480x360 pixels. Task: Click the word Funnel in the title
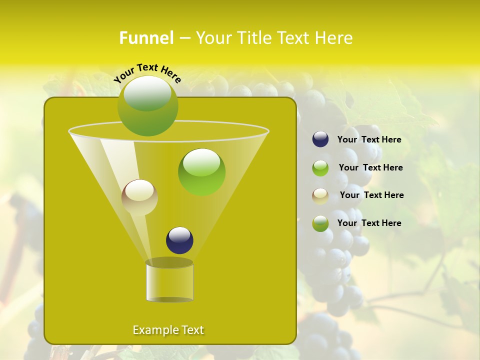pyautogui.click(x=146, y=38)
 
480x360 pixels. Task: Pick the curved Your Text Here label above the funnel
pyautogui.click(x=147, y=73)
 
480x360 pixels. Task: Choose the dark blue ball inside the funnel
pyautogui.click(x=179, y=240)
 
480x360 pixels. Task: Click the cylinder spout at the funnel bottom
pyautogui.click(x=169, y=282)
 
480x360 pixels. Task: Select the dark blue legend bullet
pyautogui.click(x=320, y=139)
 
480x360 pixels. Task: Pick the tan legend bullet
pyautogui.click(x=320, y=195)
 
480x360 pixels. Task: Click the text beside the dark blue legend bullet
pyautogui.click(x=369, y=139)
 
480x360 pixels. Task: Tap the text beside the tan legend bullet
pyautogui.click(x=371, y=195)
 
